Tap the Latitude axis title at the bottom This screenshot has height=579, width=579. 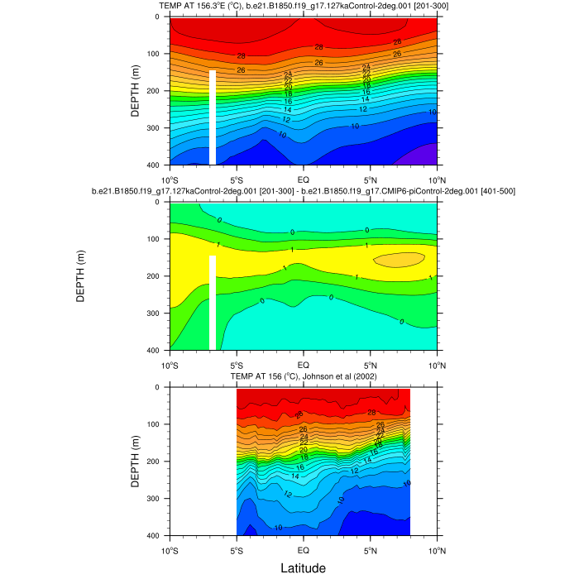tap(303, 567)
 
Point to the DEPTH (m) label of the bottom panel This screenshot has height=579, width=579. tap(136, 461)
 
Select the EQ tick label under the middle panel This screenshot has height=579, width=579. tap(304, 364)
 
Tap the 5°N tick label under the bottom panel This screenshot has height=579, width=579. tap(370, 549)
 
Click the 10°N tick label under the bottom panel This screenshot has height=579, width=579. tap(437, 549)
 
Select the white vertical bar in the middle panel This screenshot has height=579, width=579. tap(213, 303)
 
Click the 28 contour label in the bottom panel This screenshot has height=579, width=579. tap(371, 412)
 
